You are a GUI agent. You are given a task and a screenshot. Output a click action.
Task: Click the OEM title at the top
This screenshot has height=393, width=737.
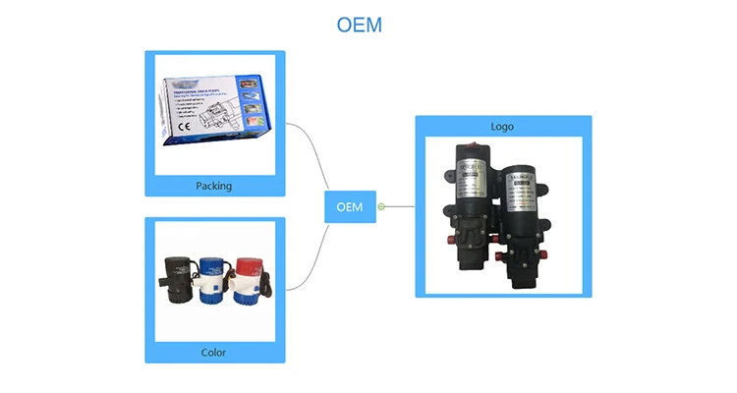(x=359, y=25)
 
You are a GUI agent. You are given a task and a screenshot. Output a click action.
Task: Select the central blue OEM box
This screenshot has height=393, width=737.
(x=350, y=206)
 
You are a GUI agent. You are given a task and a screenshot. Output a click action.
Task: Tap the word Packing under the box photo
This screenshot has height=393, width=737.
(x=214, y=185)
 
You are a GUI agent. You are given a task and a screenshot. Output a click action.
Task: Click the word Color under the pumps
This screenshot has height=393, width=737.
(x=213, y=352)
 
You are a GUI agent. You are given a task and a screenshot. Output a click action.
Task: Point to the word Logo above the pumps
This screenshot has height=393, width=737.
(x=502, y=127)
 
